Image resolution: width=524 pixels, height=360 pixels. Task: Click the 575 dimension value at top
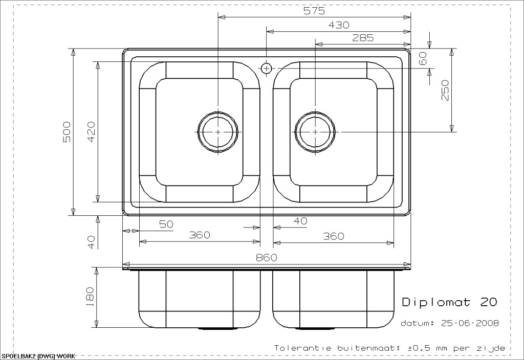314,11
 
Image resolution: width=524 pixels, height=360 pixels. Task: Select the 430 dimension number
339,25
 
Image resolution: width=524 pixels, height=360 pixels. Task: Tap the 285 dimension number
363,38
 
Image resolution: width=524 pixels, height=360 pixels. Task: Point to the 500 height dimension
67,131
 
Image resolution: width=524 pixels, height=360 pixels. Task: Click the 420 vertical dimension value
91,131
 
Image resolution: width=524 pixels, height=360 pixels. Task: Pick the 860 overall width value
266,258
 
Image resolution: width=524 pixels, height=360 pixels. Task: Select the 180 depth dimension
90,296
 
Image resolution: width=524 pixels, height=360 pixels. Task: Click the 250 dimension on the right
445,90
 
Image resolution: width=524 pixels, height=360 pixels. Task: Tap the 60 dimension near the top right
423,59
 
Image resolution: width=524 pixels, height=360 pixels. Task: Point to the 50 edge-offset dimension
166,224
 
